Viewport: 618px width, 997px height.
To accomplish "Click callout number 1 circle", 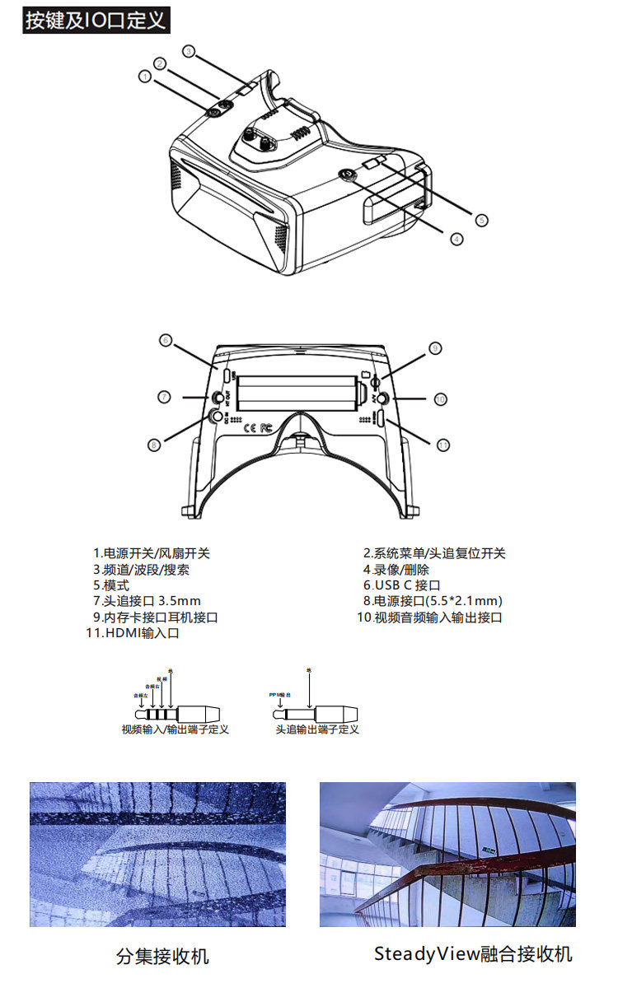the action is [145, 77].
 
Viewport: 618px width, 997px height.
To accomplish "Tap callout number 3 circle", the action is [189, 51].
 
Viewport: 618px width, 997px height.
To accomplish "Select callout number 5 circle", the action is [482, 220].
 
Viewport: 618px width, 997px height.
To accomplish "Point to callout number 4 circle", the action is [456, 240].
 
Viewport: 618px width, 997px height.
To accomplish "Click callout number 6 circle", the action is [165, 340].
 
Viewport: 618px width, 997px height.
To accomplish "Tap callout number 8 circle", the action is [153, 445].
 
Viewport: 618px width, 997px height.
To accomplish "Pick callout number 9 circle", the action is [435, 348].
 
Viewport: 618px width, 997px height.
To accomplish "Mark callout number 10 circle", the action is [441, 398].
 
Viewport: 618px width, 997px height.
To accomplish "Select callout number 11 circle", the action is [443, 445].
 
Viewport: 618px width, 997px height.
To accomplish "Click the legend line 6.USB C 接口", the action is [402, 585].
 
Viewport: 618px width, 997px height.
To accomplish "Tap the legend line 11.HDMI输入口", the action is [133, 633].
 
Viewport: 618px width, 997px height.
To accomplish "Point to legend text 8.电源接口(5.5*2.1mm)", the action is [433, 601].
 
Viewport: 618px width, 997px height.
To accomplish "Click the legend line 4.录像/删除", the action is [396, 570].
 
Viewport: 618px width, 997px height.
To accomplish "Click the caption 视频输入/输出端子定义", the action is [175, 729].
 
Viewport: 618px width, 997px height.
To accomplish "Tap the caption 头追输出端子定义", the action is [317, 729].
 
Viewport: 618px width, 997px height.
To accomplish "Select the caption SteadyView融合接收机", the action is [472, 954].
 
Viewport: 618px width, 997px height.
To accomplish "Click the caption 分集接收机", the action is [163, 956].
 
